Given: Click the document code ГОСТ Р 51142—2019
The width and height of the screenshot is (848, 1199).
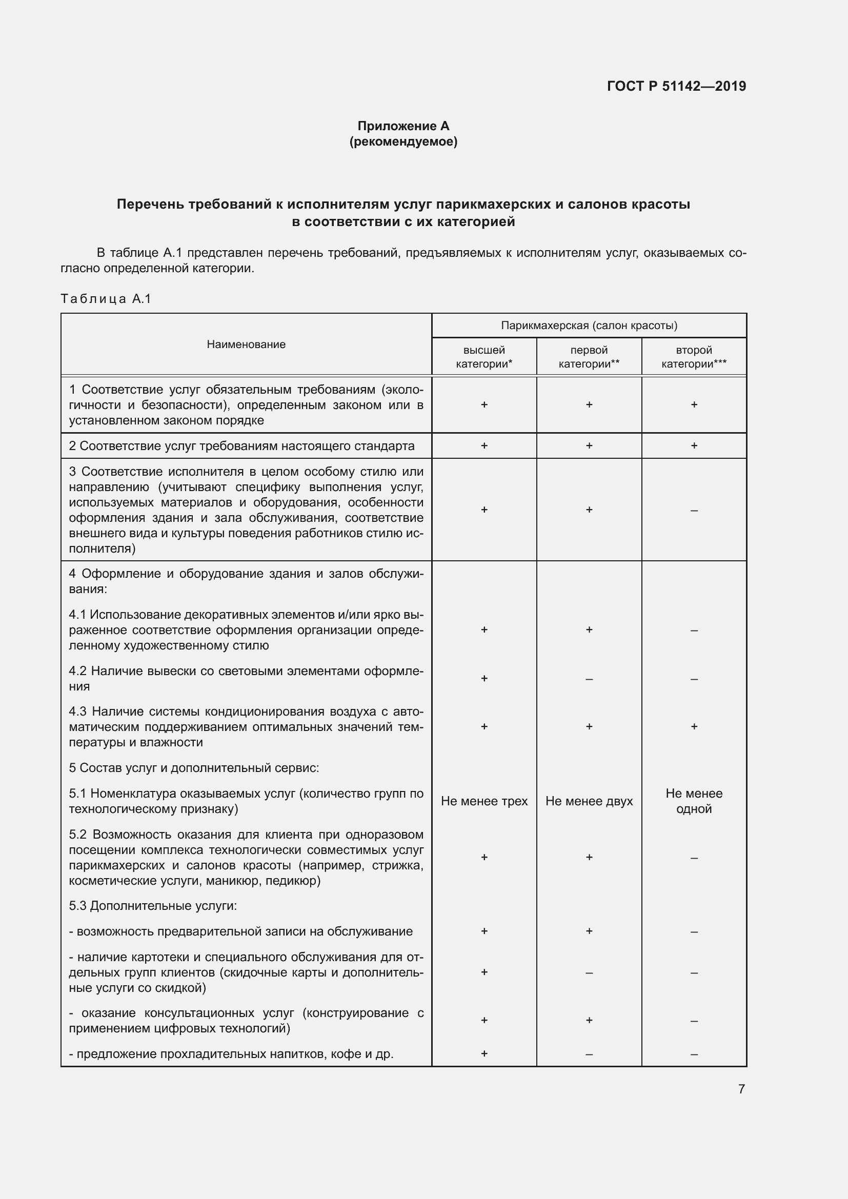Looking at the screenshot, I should (676, 86).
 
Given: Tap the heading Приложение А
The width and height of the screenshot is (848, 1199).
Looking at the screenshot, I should (403, 126).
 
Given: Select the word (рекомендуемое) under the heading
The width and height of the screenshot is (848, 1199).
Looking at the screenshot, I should (403, 141).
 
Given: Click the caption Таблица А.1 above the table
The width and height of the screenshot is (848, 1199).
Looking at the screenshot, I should (106, 299).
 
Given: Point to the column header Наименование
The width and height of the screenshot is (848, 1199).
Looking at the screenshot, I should (246, 344).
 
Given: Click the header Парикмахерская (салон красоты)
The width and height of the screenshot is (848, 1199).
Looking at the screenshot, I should (589, 326).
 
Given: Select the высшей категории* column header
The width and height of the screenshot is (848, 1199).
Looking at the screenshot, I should (484, 357).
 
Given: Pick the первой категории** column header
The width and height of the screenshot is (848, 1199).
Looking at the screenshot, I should (589, 357).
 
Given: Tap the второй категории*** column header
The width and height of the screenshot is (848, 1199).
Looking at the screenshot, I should (694, 357).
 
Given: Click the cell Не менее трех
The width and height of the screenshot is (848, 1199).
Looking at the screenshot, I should (484, 801).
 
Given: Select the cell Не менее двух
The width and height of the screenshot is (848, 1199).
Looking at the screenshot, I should (589, 801).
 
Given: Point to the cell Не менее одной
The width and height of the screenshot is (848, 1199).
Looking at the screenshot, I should (694, 801).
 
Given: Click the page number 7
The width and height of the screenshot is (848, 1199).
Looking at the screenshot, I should (741, 1089).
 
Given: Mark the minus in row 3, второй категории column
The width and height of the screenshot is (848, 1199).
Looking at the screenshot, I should (694, 510).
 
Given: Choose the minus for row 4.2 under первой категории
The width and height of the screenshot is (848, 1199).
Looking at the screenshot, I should (589, 679).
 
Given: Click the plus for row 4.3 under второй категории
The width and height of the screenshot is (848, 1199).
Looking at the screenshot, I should (694, 726).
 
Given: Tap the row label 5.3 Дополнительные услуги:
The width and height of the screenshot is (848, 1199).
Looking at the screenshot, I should (153, 906).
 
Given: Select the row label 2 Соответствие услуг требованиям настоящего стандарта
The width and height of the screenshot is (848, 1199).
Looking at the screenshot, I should (242, 446).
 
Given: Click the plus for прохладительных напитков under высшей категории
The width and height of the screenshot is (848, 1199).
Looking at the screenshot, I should (484, 1054).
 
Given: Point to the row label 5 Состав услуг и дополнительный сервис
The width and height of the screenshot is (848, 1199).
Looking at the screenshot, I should (194, 768).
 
